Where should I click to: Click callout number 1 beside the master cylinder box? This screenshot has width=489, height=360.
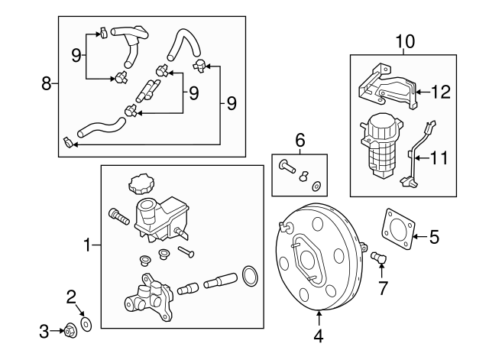87,245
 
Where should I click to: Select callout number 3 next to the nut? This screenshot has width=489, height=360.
44,331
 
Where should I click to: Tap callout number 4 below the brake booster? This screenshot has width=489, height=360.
319,334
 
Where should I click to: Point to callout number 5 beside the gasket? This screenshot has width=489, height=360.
434,237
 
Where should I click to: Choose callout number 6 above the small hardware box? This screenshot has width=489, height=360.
300,140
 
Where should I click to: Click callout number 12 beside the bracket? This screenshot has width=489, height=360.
441,92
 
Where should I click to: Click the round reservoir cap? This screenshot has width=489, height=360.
141,184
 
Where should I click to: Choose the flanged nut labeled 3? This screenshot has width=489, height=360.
71,330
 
